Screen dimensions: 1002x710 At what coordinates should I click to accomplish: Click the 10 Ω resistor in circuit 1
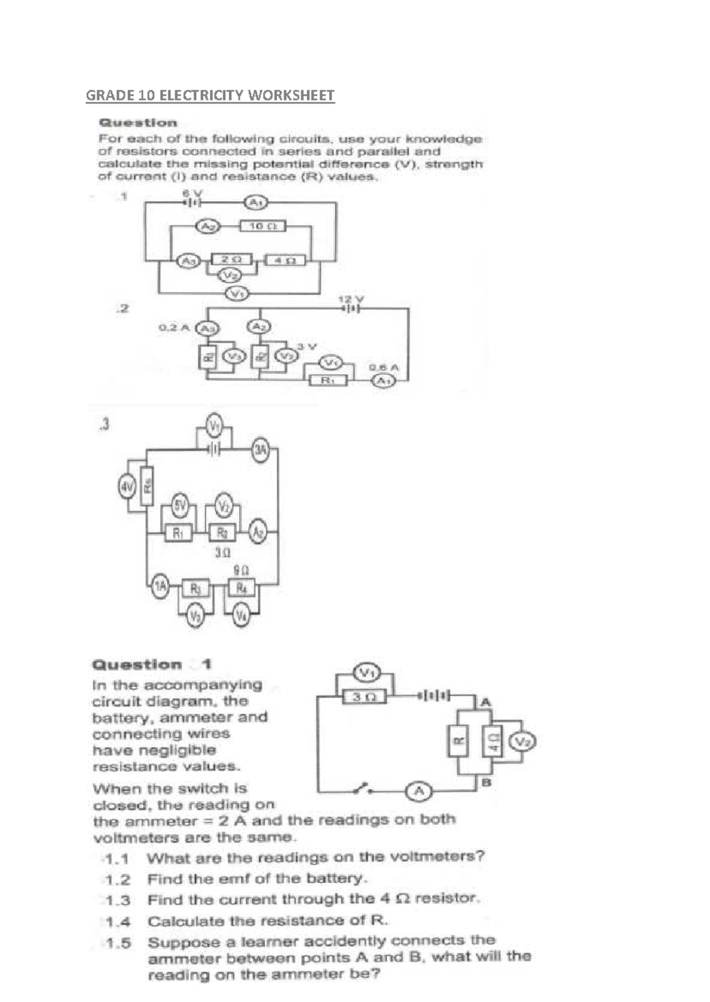(x=263, y=226)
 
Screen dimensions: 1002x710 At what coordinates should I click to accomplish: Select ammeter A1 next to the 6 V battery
(x=256, y=203)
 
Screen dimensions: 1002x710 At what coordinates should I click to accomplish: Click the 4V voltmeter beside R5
(x=127, y=487)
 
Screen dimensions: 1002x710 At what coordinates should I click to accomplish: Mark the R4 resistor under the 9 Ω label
(x=241, y=588)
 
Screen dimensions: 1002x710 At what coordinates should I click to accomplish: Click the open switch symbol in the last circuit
(x=362, y=788)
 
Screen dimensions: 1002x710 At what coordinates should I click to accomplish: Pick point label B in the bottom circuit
(x=486, y=783)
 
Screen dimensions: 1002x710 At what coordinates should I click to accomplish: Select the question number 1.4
(x=118, y=922)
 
